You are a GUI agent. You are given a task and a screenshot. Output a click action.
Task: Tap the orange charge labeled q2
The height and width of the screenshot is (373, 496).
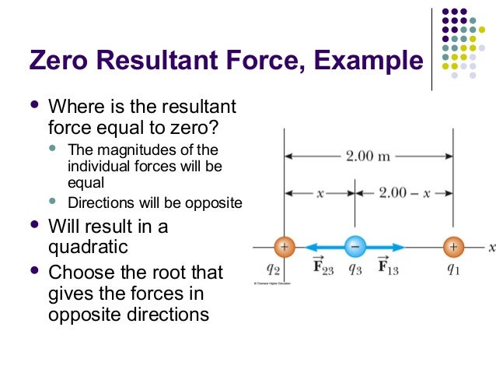(x=284, y=247)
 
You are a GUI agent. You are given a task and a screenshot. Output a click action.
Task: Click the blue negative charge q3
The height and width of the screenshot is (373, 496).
(x=355, y=247)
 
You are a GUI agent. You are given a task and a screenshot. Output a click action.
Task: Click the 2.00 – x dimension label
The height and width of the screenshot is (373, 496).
(x=404, y=192)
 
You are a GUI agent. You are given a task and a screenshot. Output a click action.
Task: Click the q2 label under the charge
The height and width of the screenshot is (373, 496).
(x=273, y=269)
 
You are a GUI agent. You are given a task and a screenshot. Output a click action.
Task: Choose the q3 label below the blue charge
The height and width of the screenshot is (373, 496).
(x=355, y=269)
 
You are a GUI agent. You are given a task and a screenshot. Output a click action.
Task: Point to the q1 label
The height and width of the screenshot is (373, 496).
(x=453, y=269)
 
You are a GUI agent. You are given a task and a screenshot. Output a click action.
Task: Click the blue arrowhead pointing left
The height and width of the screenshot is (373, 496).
(x=301, y=247)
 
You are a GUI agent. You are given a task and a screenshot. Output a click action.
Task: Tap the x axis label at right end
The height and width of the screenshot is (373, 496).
(x=491, y=247)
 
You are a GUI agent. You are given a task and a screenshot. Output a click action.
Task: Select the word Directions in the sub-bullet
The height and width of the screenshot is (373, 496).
(x=100, y=204)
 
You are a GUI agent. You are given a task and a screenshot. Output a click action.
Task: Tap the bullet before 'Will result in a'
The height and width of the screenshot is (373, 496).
(x=33, y=227)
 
